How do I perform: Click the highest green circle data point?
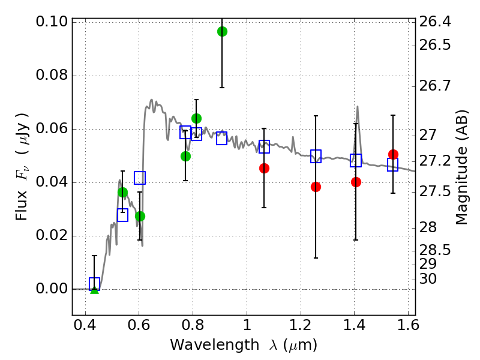[222, 31]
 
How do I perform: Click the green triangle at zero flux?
[94, 290]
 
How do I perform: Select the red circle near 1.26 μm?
[316, 187]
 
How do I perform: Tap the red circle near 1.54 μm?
[393, 155]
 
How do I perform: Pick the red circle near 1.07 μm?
[264, 168]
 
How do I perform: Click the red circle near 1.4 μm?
[356, 182]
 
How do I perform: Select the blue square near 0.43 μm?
[94, 284]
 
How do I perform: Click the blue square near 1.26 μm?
[316, 156]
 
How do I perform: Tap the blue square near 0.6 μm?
[140, 178]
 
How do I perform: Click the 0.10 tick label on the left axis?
[52, 23]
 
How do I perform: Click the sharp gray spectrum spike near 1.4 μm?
[358, 109]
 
